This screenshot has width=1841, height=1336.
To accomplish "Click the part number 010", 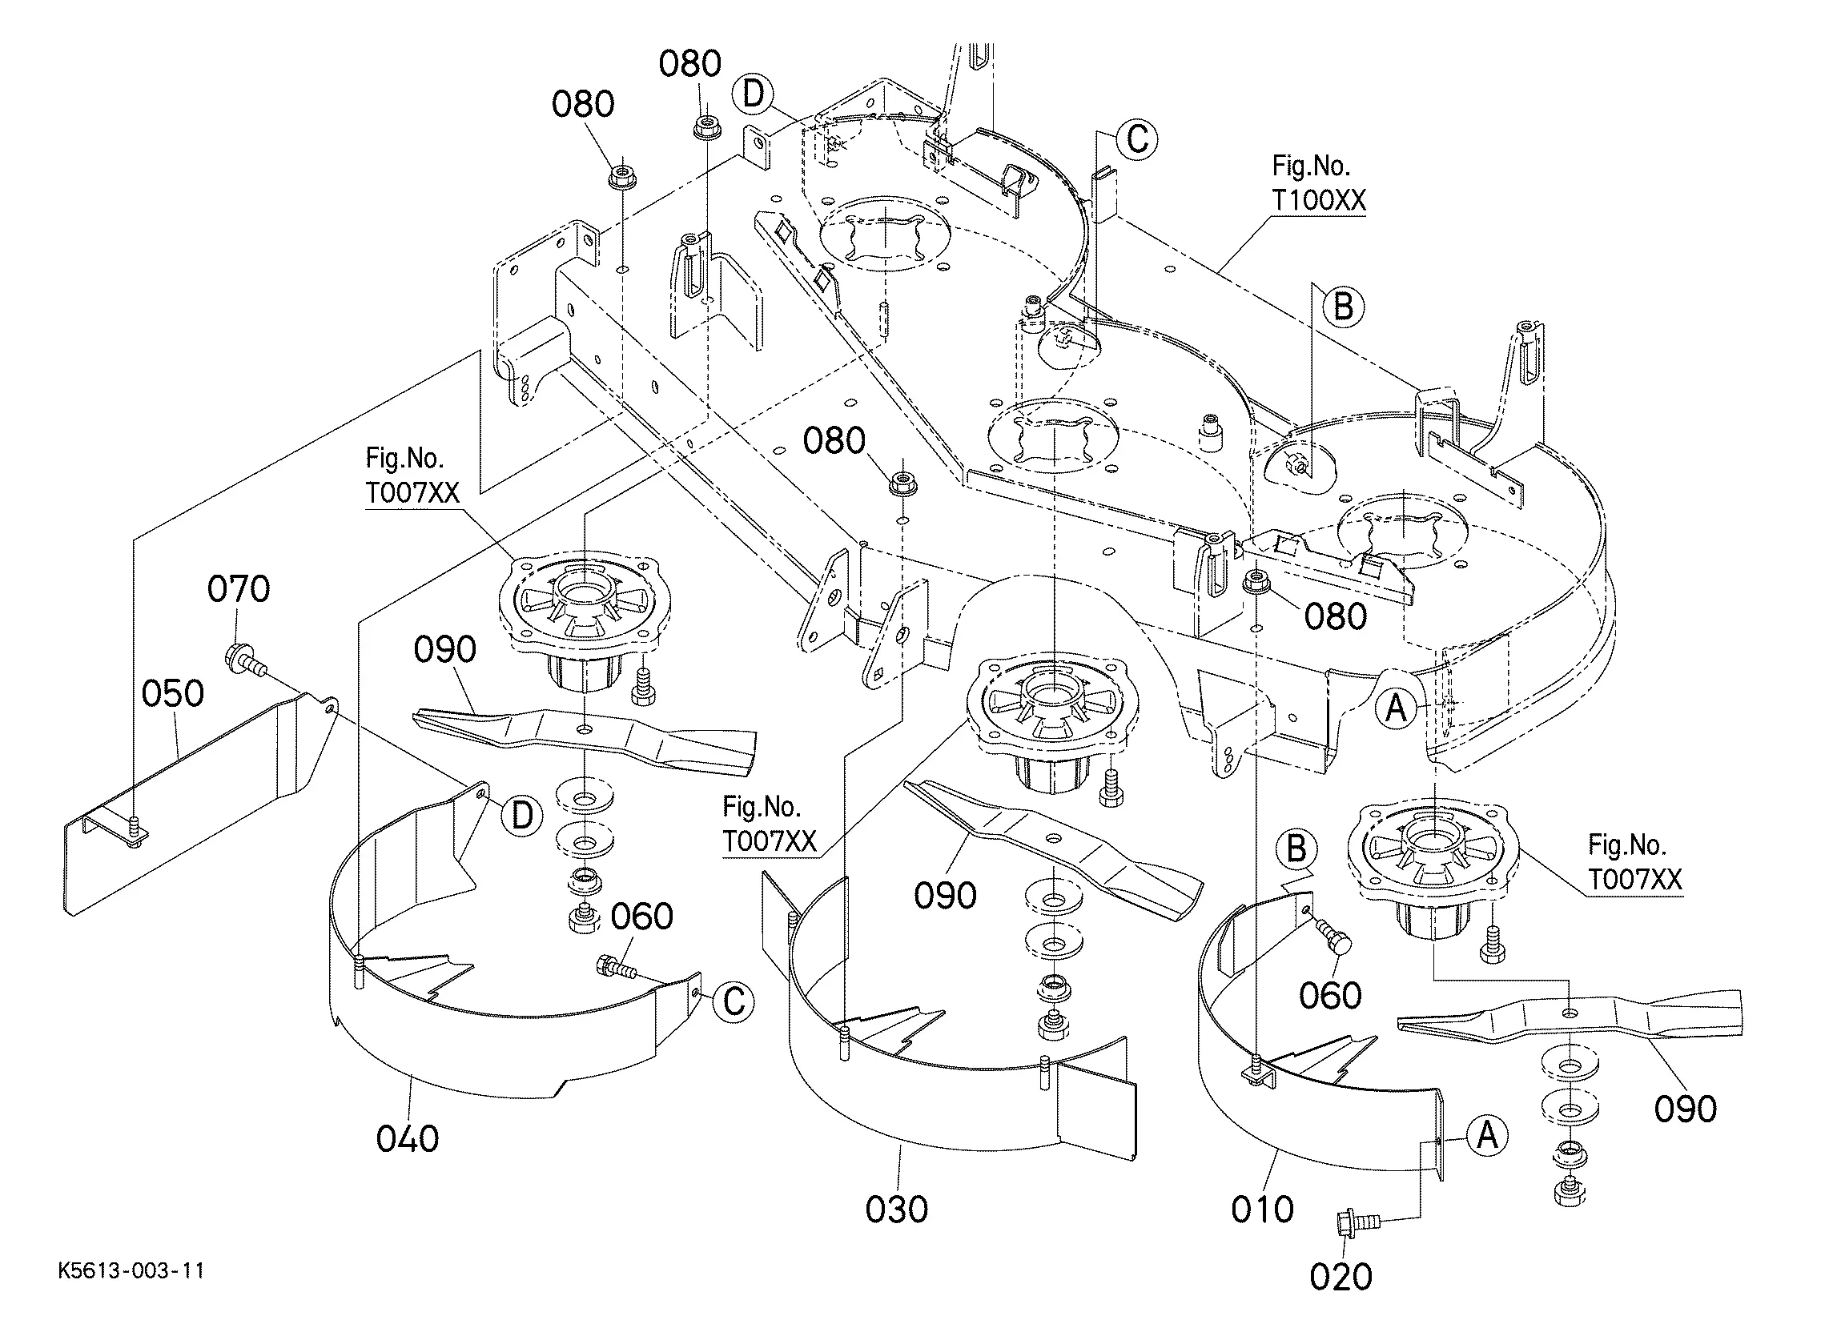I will click(1262, 1210).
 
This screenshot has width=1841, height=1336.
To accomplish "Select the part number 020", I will click(1341, 1277).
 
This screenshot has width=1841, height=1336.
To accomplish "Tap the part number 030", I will click(896, 1210).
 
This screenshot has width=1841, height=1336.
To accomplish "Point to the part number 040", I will click(408, 1139).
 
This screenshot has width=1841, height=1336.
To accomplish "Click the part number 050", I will click(172, 694).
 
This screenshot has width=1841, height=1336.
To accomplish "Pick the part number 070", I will click(239, 589).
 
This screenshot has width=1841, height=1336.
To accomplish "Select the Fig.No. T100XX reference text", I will click(1318, 183).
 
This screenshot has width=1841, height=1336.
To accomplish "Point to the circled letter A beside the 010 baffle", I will click(1487, 1135).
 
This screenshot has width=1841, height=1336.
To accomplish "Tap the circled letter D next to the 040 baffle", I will click(522, 815).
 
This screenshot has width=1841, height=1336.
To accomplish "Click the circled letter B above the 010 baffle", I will click(1296, 849).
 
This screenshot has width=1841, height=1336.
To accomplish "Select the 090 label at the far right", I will click(1685, 1109).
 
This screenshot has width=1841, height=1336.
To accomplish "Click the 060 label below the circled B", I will click(1329, 996).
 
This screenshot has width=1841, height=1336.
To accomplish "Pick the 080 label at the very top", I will click(690, 64).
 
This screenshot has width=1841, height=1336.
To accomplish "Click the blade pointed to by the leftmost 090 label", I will click(585, 731).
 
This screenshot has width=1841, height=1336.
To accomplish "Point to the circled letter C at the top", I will click(1137, 139).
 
